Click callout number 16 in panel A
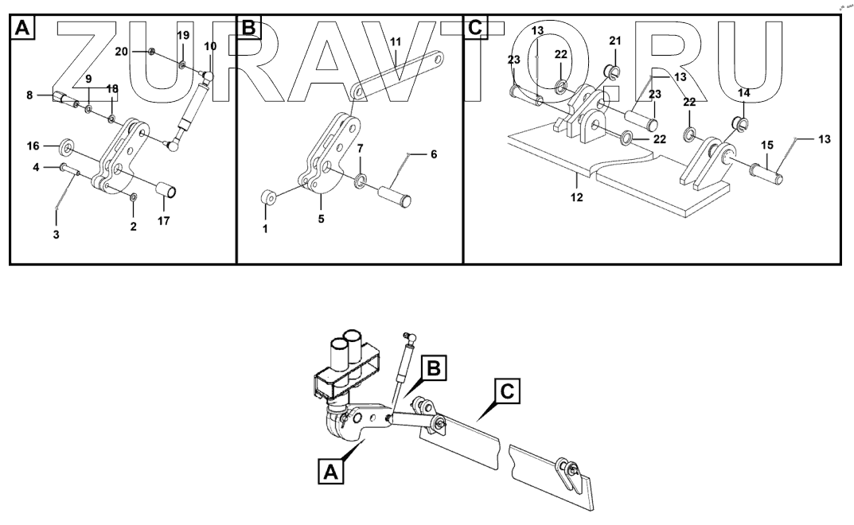click(33, 146)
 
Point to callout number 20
click(142, 50)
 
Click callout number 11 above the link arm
click(396, 41)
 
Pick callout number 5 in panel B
click(322, 220)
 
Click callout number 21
click(614, 41)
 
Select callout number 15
click(766, 146)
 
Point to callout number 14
click(743, 93)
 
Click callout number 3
click(57, 235)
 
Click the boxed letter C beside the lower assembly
click(509, 391)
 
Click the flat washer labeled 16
click(67, 148)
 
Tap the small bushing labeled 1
click(268, 196)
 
